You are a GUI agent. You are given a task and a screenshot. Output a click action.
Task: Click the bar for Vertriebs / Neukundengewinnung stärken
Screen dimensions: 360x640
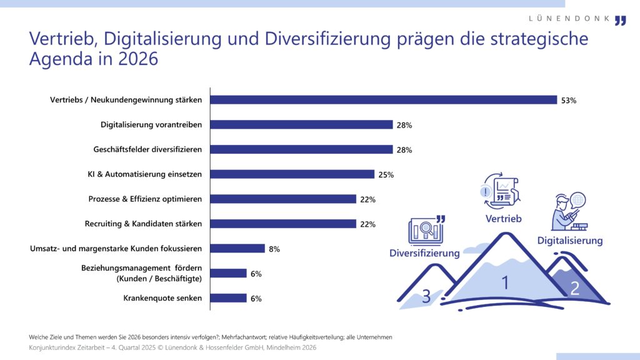(x=383, y=100)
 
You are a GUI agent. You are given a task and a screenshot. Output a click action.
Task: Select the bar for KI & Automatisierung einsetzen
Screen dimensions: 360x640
(x=292, y=174)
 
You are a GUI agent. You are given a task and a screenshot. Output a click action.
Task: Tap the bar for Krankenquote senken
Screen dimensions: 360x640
(x=228, y=298)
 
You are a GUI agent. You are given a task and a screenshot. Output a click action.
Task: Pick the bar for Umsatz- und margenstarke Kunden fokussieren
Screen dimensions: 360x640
(x=237, y=249)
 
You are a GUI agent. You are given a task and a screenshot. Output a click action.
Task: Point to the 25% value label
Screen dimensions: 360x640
(x=386, y=175)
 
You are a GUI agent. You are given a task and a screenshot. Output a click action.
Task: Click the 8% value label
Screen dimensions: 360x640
(x=274, y=249)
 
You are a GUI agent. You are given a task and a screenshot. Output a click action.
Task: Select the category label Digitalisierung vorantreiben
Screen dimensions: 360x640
(x=151, y=125)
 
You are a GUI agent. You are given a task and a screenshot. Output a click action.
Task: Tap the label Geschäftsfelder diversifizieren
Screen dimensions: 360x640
(x=147, y=149)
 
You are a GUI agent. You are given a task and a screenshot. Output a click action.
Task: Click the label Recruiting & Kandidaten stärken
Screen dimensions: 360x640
(x=143, y=224)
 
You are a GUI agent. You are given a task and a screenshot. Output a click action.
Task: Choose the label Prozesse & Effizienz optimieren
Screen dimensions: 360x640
(x=146, y=199)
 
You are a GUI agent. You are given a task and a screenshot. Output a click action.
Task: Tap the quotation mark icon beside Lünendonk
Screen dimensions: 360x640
(x=620, y=21)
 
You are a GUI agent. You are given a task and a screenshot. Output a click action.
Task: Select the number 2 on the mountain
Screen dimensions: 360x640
(x=574, y=289)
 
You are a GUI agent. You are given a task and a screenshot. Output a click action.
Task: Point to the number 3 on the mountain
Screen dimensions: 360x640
(x=426, y=296)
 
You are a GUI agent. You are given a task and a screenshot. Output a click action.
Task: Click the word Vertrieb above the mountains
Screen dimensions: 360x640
(x=503, y=219)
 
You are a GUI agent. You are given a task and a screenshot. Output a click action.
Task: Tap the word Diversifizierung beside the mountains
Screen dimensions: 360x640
(x=424, y=253)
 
